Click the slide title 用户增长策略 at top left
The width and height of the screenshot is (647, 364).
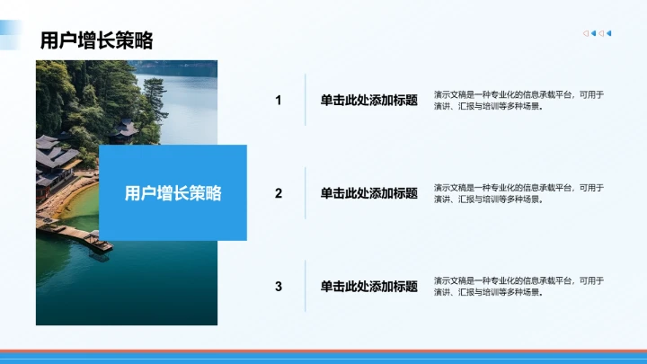tap(96, 40)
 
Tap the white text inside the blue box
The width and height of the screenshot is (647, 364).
tap(173, 193)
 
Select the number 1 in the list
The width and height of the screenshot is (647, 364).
tap(279, 101)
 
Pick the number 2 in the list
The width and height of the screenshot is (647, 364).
tap(279, 193)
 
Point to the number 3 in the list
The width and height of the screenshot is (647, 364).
tap(279, 287)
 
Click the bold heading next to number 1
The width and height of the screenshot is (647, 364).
tap(368, 101)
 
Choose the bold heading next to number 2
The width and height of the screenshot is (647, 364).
tap(368, 193)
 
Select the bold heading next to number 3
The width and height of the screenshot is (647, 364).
tap(368, 287)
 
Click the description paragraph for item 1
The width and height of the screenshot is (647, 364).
tap(518, 100)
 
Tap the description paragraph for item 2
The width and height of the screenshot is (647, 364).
tap(518, 193)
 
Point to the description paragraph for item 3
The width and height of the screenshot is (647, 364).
tap(518, 286)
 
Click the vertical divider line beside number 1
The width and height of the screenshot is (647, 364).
tap(306, 100)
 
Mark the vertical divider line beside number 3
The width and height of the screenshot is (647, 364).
tap(306, 286)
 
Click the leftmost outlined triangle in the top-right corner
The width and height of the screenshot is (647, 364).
tap(586, 34)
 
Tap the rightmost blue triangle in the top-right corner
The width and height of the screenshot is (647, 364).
tap(609, 34)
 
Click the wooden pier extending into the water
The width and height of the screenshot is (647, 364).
tap(85, 237)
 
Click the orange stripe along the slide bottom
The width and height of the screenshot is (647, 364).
tap(323, 351)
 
